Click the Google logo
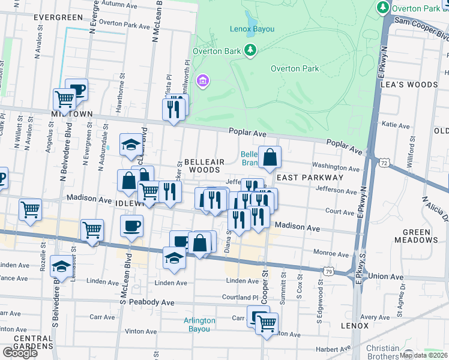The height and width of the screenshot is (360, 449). [19, 353]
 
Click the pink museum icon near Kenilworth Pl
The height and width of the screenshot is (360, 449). [203, 80]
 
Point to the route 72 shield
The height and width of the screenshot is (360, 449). [384, 163]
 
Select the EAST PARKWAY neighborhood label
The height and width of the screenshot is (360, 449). [310, 178]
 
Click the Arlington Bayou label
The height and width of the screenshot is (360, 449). [199, 325]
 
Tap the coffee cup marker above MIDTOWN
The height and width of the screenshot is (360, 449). [77, 90]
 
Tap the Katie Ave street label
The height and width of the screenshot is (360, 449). [396, 125]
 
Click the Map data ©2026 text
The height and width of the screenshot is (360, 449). [423, 355]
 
